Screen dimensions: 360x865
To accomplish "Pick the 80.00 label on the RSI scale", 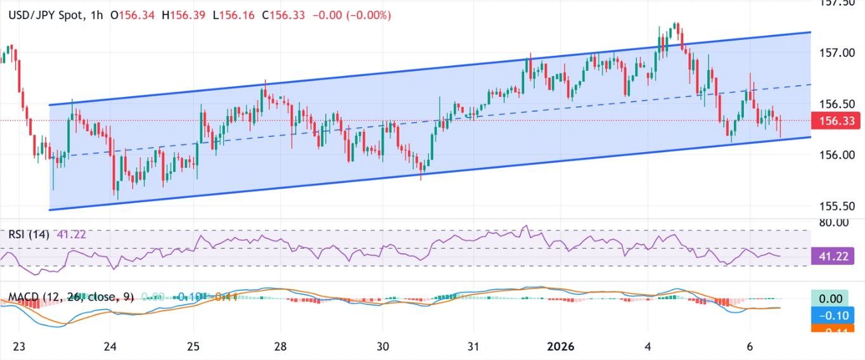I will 833,222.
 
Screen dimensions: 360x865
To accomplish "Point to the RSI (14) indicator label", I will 29,234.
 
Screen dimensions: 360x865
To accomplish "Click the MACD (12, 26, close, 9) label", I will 71,297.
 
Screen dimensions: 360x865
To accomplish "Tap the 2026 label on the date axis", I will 560,347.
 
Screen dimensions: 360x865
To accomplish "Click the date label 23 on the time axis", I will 20,347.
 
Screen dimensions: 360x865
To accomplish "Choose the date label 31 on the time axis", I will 473,347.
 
